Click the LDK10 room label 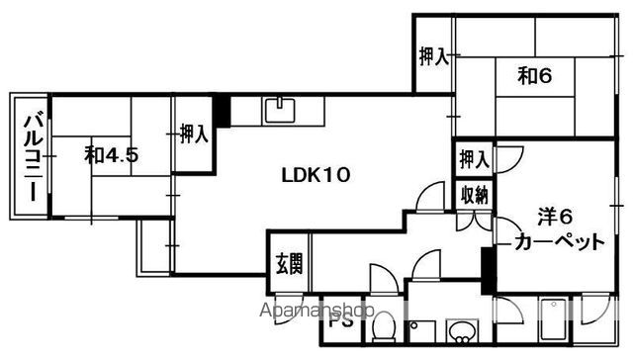click(x=316, y=176)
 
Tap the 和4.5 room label click(x=112, y=155)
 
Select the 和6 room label click(x=535, y=76)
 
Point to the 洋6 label click(x=555, y=218)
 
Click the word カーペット click(x=560, y=242)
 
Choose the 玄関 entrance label click(x=289, y=264)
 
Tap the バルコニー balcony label click(x=34, y=158)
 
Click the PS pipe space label click(x=341, y=321)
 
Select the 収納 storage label click(x=475, y=196)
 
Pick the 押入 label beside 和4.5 click(x=194, y=134)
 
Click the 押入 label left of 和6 click(x=433, y=56)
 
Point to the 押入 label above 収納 click(x=475, y=159)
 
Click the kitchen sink click(x=280, y=110)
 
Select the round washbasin click(x=462, y=332)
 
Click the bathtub click(x=553, y=319)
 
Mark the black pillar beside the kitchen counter click(x=222, y=112)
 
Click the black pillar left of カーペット click(x=488, y=270)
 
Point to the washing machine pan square click(x=422, y=331)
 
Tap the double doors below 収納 click(x=475, y=222)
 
